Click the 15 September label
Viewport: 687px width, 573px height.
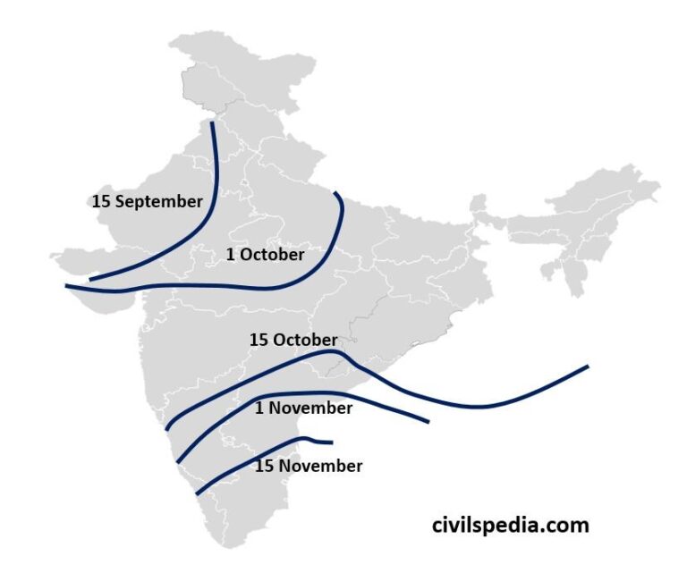[x=147, y=201]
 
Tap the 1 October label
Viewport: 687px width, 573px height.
[x=265, y=254]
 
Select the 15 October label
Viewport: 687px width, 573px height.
[x=293, y=340]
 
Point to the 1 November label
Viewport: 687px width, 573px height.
[x=303, y=408]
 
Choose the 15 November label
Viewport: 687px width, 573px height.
[x=309, y=466]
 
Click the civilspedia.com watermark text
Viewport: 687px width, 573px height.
[x=510, y=525]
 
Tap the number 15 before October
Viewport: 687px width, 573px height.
[x=259, y=340]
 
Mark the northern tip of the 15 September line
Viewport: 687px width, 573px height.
[x=212, y=121]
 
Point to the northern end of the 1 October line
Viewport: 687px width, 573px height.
[x=335, y=193]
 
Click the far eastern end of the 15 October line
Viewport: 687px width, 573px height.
[x=588, y=366]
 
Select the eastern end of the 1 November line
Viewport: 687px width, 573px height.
[x=429, y=422]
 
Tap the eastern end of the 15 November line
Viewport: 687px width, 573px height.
[x=332, y=442]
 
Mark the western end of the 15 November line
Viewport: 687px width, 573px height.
[x=197, y=493]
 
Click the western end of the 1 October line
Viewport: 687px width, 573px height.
[x=67, y=286]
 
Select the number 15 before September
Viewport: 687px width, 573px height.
[x=101, y=201]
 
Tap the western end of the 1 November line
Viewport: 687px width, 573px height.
[x=179, y=461]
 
